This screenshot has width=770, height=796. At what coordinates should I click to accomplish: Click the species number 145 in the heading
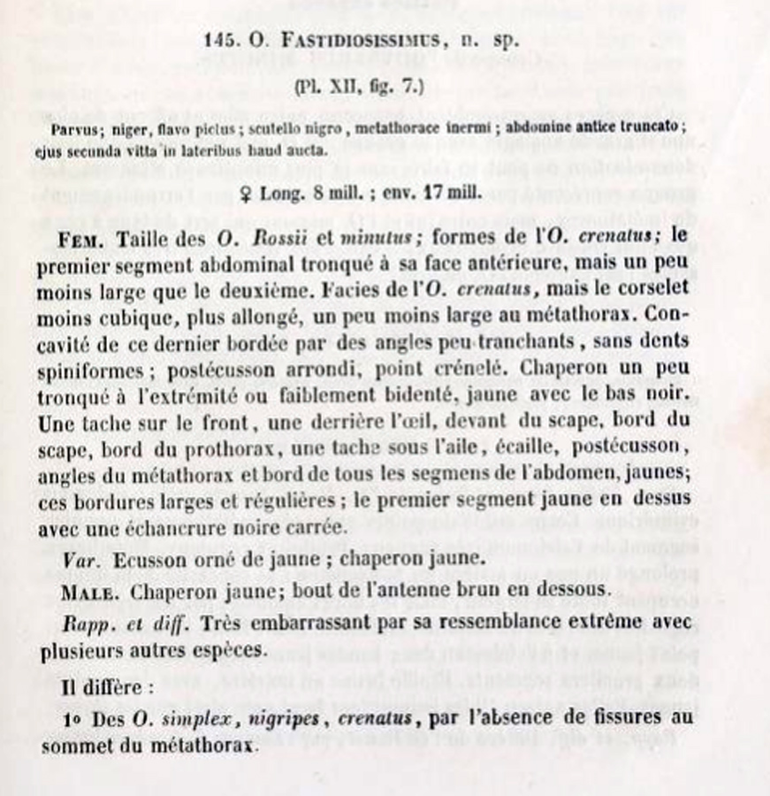coord(217,40)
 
